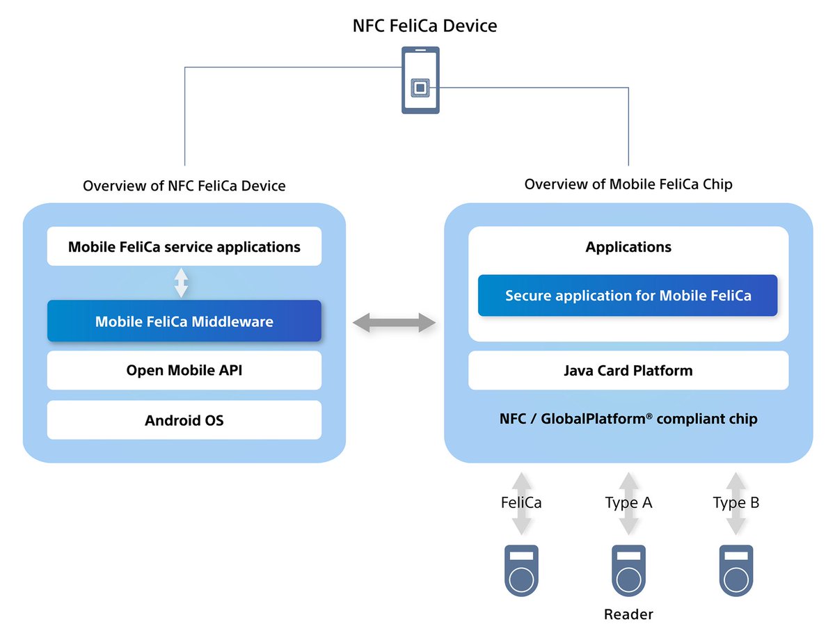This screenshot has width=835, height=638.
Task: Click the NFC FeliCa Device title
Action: click(x=424, y=26)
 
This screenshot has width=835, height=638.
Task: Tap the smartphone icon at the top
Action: click(x=420, y=80)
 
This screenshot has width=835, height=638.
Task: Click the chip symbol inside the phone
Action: click(x=420, y=88)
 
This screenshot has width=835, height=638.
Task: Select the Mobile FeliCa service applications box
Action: click(x=184, y=246)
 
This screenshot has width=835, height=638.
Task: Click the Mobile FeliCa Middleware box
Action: click(x=184, y=321)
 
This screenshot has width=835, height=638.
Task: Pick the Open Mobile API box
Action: click(x=184, y=370)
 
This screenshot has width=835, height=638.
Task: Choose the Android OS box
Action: click(x=184, y=420)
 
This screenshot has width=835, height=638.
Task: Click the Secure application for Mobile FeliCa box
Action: click(x=628, y=296)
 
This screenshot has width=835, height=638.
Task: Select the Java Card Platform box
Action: click(x=628, y=370)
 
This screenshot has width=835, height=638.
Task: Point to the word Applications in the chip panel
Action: click(x=628, y=247)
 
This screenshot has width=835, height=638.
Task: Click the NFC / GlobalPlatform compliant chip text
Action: click(x=628, y=419)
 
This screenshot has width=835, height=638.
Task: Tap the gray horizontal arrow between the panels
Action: click(x=394, y=323)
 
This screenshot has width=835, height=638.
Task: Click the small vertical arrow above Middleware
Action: click(x=181, y=283)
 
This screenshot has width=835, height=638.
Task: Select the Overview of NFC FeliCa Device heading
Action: click(x=184, y=186)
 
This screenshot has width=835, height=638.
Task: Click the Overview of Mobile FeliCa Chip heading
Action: click(x=628, y=184)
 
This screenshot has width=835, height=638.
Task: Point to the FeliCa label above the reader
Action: click(x=521, y=502)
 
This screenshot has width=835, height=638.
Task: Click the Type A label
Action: click(x=628, y=503)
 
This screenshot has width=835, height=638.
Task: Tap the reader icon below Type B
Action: click(x=736, y=571)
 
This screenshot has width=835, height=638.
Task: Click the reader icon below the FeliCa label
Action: click(x=521, y=571)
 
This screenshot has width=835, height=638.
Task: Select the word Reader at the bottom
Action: click(x=628, y=614)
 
